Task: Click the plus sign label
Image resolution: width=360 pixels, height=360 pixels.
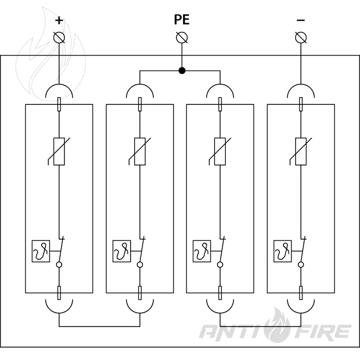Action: pyautogui.click(x=59, y=21)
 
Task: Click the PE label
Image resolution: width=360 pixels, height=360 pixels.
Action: pyautogui.click(x=182, y=20)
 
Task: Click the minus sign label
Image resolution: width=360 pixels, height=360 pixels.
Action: pyautogui.click(x=300, y=21)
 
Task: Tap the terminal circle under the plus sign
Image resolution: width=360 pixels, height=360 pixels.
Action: pyautogui.click(x=59, y=38)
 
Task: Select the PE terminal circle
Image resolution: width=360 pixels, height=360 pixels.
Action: pyautogui.click(x=182, y=38)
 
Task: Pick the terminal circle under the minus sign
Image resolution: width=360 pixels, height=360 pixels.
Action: pyautogui.click(x=301, y=38)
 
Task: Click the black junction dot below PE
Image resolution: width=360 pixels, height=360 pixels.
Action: pyautogui.click(x=182, y=70)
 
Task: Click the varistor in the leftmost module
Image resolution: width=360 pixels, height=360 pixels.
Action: pyautogui.click(x=59, y=152)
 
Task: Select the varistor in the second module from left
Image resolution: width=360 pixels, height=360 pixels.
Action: pyautogui.click(x=140, y=152)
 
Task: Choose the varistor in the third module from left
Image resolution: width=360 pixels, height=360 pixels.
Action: pyautogui.click(x=220, y=152)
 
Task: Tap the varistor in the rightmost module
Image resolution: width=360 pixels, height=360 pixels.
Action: pyautogui.click(x=301, y=152)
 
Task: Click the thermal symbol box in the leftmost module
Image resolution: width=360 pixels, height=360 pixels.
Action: pyautogui.click(x=41, y=251)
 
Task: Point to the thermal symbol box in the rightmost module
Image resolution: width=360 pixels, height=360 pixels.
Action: pyautogui.click(x=283, y=251)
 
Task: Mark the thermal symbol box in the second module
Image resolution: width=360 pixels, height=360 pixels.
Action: pyautogui.click(x=122, y=251)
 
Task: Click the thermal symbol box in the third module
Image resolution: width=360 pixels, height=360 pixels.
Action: pyautogui.click(x=202, y=251)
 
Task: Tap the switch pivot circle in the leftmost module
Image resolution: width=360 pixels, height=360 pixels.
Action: pyautogui.click(x=59, y=265)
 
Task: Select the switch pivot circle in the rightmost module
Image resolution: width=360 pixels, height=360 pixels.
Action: pyautogui.click(x=301, y=265)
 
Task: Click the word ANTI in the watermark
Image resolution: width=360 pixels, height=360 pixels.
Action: pyautogui.click(x=233, y=332)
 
